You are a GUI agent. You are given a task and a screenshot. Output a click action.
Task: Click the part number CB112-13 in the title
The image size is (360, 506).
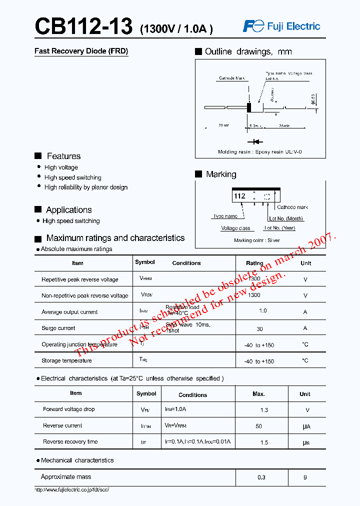click(x=83, y=26)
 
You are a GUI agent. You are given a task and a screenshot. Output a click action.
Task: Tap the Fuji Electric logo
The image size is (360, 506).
click(x=281, y=26)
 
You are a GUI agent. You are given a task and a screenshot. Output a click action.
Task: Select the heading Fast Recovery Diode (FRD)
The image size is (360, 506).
click(x=81, y=51)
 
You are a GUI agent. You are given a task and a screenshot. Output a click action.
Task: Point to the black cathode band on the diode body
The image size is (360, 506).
click(x=249, y=107)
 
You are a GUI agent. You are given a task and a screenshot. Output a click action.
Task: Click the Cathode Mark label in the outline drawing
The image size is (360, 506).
click(x=232, y=78)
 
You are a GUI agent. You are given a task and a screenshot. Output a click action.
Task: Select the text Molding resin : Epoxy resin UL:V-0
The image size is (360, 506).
click(x=259, y=151)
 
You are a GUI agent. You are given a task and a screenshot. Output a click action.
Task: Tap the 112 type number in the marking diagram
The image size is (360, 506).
click(x=239, y=196)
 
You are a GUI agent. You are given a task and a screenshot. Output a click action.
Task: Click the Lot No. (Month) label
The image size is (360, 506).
click(x=286, y=218)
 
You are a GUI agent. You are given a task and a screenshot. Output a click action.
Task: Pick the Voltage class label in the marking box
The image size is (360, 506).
click(x=235, y=228)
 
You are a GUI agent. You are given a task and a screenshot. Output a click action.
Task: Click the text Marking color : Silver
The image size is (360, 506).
click(x=257, y=240)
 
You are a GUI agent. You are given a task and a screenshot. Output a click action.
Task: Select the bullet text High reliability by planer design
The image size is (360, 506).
click(x=85, y=187)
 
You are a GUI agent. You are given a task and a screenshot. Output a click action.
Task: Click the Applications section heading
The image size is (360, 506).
click(x=68, y=210)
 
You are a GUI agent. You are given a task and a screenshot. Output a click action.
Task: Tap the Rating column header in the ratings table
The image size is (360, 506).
click(x=254, y=263)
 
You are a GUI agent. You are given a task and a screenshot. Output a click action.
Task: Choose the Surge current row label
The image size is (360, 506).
click(x=58, y=328)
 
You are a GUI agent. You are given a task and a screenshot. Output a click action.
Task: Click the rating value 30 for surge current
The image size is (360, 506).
click(x=259, y=329)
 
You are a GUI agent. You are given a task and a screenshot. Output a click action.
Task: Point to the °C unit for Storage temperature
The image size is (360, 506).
click(x=305, y=360)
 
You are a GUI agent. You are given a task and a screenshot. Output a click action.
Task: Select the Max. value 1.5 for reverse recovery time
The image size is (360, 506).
click(x=264, y=442)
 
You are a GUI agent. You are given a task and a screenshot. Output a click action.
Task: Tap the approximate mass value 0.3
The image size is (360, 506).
click(x=261, y=477)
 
